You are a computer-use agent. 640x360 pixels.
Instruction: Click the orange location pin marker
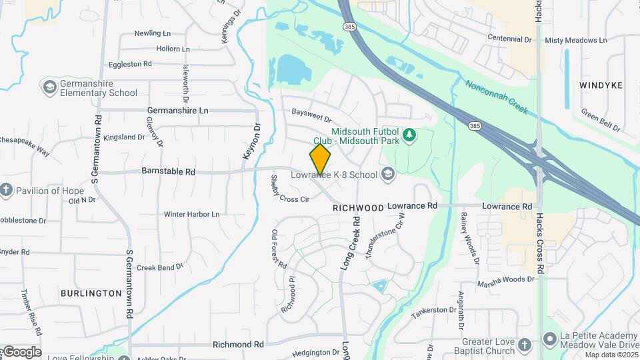(320, 159)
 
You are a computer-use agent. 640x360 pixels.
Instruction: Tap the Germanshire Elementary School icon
(49, 87)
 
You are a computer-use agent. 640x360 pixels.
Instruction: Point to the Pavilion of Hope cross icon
(7, 191)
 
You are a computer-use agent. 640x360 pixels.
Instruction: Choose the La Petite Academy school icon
(550, 339)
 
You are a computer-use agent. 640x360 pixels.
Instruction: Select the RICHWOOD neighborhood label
(359, 208)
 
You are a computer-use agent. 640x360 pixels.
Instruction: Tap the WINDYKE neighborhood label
(601, 85)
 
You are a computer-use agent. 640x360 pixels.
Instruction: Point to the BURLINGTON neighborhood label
(91, 293)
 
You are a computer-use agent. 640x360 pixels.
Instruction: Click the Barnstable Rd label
(168, 171)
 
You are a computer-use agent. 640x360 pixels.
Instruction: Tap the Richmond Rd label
(239, 345)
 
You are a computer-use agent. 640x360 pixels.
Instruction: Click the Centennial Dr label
(509, 39)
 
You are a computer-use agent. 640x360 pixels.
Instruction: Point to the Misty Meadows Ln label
(576, 40)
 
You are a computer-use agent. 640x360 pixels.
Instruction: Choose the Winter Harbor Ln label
(192, 214)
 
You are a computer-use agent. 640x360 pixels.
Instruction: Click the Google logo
(21, 351)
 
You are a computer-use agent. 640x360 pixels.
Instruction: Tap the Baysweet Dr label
(307, 117)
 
